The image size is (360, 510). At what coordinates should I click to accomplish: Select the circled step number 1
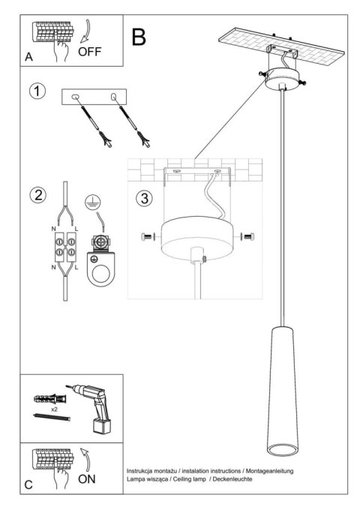click(36, 92)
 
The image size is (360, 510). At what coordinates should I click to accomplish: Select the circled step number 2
click(36, 195)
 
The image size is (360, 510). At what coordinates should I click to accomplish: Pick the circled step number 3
click(145, 199)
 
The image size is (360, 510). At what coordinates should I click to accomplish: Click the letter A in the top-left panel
click(28, 57)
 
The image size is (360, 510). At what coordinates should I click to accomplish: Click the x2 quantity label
click(56, 411)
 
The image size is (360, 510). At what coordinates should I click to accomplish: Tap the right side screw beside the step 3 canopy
click(247, 236)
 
